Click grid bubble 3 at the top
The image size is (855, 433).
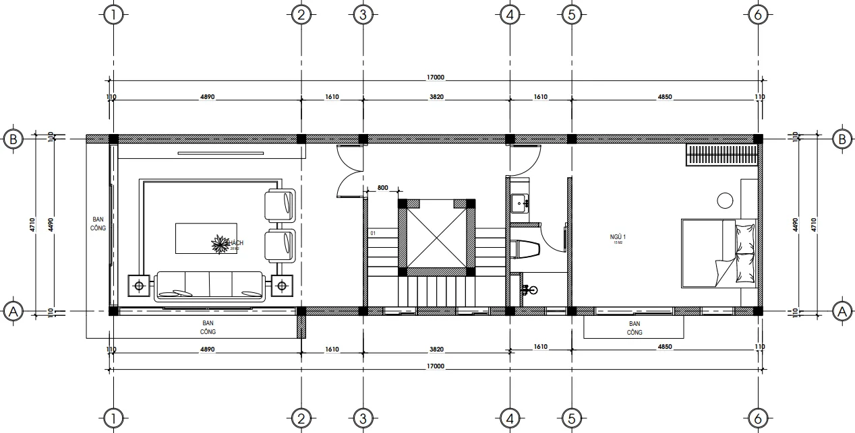click(x=362, y=14)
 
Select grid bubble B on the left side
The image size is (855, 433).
click(x=13, y=139)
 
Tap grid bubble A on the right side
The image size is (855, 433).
click(x=840, y=311)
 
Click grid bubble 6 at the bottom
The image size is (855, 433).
click(x=759, y=418)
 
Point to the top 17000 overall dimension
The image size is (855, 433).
click(x=435, y=78)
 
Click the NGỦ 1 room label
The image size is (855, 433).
click(x=618, y=237)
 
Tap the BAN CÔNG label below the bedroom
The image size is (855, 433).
click(x=634, y=328)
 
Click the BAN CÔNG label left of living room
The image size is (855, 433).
click(x=98, y=224)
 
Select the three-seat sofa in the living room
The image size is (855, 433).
click(x=209, y=285)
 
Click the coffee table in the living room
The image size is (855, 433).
click(x=206, y=238)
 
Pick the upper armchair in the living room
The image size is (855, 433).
click(x=280, y=206)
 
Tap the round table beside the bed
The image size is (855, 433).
click(x=726, y=200)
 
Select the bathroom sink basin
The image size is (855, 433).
click(x=520, y=202)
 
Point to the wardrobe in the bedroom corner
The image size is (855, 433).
click(x=720, y=155)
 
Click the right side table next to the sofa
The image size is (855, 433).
click(x=282, y=286)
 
